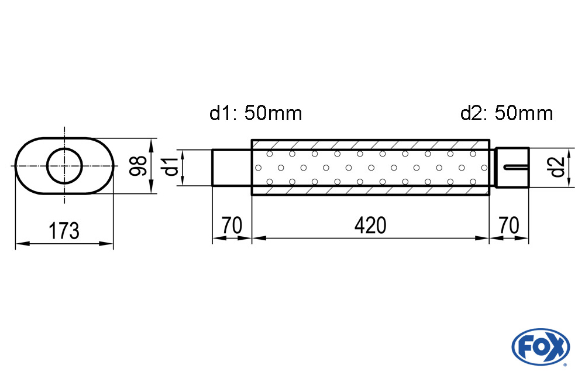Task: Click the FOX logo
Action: pos(541,347)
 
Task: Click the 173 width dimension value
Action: pos(64,231)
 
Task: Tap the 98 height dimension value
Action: pos(137,166)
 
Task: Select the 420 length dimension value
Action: pos(370,226)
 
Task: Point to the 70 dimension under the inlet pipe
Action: pos(232,226)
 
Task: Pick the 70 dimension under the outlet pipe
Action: pos(509,226)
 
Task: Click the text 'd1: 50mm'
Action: pos(256,113)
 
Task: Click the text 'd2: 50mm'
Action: pos(507,113)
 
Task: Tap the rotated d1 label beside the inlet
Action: pos(171,167)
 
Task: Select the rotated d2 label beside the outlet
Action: pos(558,167)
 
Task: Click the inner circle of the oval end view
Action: pos(64,148)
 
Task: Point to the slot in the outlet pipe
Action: pos(516,167)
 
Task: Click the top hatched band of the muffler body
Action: pos(370,145)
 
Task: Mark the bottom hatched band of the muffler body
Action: pos(370,190)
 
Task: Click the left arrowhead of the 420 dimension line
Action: pos(259,238)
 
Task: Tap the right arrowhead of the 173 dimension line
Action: pos(106,244)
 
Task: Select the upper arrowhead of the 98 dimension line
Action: pos(151,145)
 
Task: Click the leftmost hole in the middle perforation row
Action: pos(258,168)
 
